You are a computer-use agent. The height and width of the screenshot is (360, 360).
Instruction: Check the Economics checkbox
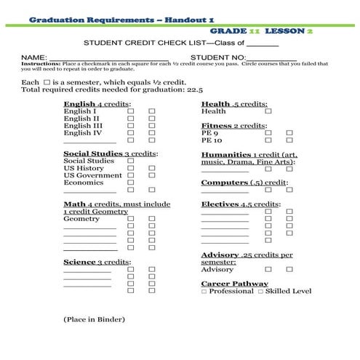[132, 183]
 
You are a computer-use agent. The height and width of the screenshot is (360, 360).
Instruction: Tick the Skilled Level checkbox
[261, 292]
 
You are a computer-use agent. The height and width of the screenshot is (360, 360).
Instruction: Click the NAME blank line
[108, 57]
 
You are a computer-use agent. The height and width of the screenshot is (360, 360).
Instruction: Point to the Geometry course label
[81, 219]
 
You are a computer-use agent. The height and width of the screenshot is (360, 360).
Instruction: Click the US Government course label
[93, 175]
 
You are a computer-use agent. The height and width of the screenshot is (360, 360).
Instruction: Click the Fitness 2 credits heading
[233, 126]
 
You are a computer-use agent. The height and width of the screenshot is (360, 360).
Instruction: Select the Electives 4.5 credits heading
[240, 204]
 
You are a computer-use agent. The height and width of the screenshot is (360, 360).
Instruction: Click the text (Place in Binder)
[94, 319]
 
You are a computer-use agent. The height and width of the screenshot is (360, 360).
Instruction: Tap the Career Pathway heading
[234, 284]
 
